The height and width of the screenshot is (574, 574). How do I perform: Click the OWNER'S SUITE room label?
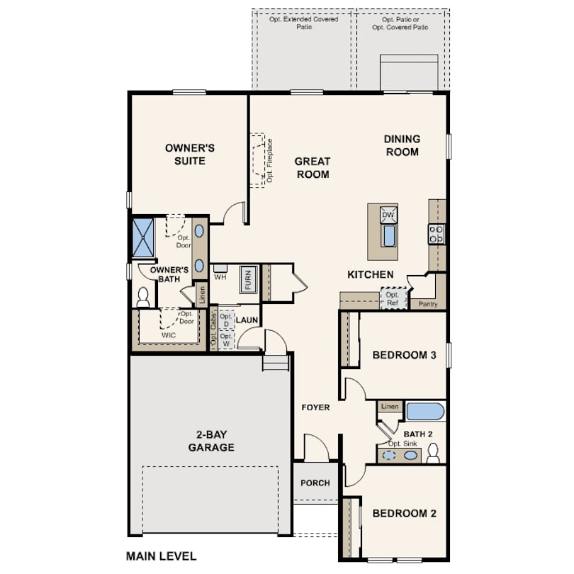[x=190, y=154]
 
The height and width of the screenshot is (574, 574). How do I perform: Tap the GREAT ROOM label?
[x=313, y=167]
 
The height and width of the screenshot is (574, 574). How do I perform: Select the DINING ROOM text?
[x=402, y=145]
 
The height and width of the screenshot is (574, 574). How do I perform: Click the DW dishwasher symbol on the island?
[x=388, y=215]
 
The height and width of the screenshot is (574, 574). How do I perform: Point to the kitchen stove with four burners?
[x=437, y=234]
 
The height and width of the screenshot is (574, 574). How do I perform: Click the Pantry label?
[x=428, y=304]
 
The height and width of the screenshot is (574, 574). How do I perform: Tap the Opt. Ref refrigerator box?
[x=392, y=298]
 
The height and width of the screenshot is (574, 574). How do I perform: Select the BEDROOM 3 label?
[x=404, y=355]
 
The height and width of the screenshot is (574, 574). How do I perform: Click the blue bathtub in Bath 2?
[x=425, y=411]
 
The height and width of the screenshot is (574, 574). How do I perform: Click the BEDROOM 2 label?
[x=404, y=513]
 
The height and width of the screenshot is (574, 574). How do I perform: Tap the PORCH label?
[x=315, y=483]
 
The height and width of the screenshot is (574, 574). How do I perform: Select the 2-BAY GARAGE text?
[x=211, y=441]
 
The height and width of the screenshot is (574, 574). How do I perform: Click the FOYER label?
[x=315, y=407]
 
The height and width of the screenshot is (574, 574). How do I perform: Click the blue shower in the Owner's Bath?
[x=143, y=237]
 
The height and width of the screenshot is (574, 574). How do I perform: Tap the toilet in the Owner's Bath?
[x=143, y=296]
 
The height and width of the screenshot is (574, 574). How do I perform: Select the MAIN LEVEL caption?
[x=161, y=556]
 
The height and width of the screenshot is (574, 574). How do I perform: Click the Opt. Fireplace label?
[x=270, y=161]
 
